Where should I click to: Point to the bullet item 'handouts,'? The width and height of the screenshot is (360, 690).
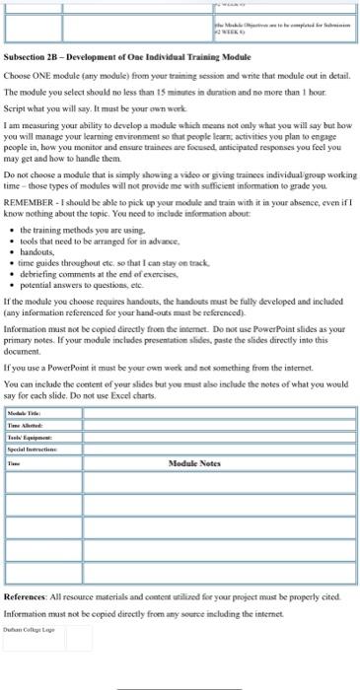click(39, 251)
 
